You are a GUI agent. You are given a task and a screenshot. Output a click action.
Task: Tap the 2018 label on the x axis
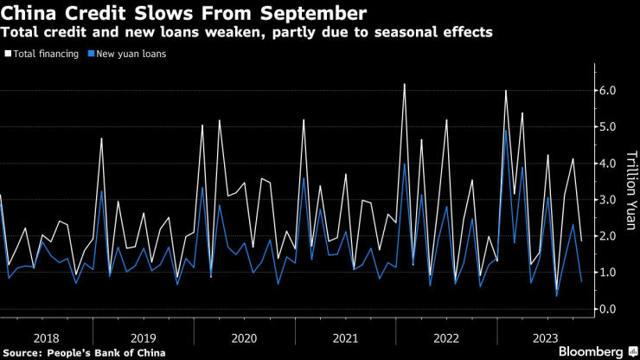(x=48, y=337)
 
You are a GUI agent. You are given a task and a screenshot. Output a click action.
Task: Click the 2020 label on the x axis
(x=246, y=337)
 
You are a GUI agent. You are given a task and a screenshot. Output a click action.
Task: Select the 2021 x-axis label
(x=346, y=337)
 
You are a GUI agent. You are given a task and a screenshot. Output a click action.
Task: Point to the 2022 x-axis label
(x=445, y=337)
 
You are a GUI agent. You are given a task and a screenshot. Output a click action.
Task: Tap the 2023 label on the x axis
(x=545, y=337)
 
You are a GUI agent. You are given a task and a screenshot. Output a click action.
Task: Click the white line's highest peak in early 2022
(x=405, y=84)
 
